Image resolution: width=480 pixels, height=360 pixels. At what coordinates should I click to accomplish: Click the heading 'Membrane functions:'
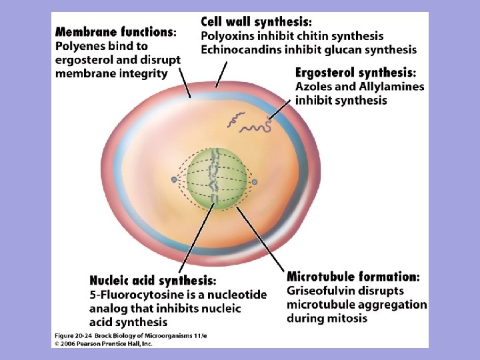coord(116,31)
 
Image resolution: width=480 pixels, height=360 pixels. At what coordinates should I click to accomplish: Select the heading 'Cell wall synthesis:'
coord(255,21)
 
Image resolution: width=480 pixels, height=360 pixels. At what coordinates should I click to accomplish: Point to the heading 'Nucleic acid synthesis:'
coord(153,281)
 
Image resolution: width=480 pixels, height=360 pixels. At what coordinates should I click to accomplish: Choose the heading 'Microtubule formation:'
coord(353,277)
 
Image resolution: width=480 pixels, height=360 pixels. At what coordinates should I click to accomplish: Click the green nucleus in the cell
coord(213,178)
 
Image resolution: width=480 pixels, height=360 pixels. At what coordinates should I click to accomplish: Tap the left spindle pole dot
coord(174,180)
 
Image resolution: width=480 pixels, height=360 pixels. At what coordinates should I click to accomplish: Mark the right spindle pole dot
coord(255,181)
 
